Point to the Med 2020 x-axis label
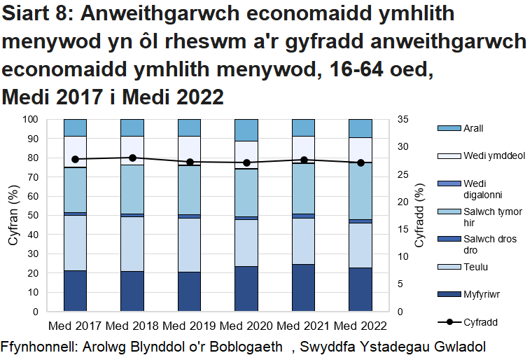click(246, 326)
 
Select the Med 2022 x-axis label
click(360, 326)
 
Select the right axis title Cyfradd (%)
click(420, 215)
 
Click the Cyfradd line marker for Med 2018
click(132, 158)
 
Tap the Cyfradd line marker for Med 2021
click(304, 160)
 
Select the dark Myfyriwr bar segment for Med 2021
click(304, 287)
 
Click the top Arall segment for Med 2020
click(246, 130)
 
